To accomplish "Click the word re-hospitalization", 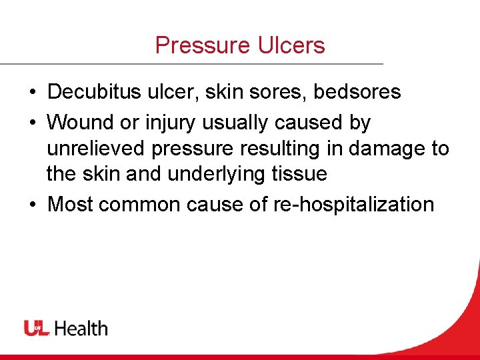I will [x=354, y=204].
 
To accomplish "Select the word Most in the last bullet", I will [x=71, y=204].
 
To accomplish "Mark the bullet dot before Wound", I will [x=32, y=123].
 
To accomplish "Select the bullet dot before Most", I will [x=32, y=205].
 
